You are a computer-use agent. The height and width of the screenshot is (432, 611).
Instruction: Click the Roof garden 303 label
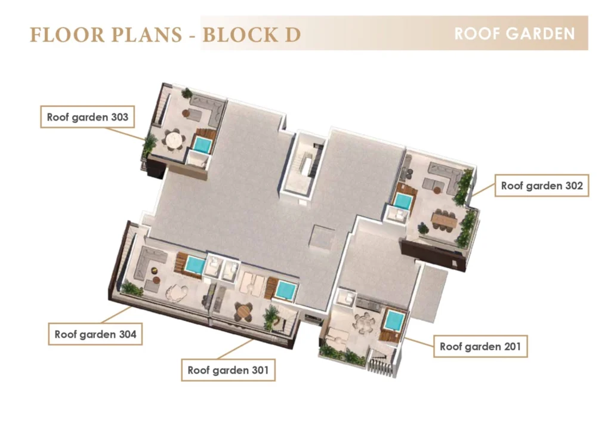pos(87,117)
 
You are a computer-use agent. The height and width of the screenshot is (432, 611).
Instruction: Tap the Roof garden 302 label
pos(542,186)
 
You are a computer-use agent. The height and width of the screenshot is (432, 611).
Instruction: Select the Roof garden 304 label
pos(95,334)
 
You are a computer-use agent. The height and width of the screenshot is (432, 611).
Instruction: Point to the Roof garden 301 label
pos(228,370)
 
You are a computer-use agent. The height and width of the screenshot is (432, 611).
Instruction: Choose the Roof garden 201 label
pos(480,346)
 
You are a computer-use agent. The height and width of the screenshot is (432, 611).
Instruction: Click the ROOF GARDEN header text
pos(514,33)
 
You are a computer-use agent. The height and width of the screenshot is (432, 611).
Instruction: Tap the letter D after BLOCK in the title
pos(292,35)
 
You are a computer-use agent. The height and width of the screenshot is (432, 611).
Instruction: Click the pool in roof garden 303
pos(203,145)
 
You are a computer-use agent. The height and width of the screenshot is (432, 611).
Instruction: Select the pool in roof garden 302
pos(402,202)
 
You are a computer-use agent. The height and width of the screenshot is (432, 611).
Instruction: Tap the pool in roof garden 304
pos(195,265)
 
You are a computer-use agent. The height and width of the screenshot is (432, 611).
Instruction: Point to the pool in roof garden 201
pos(394,320)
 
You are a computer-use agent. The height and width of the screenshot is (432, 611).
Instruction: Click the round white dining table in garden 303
pos(174,139)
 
